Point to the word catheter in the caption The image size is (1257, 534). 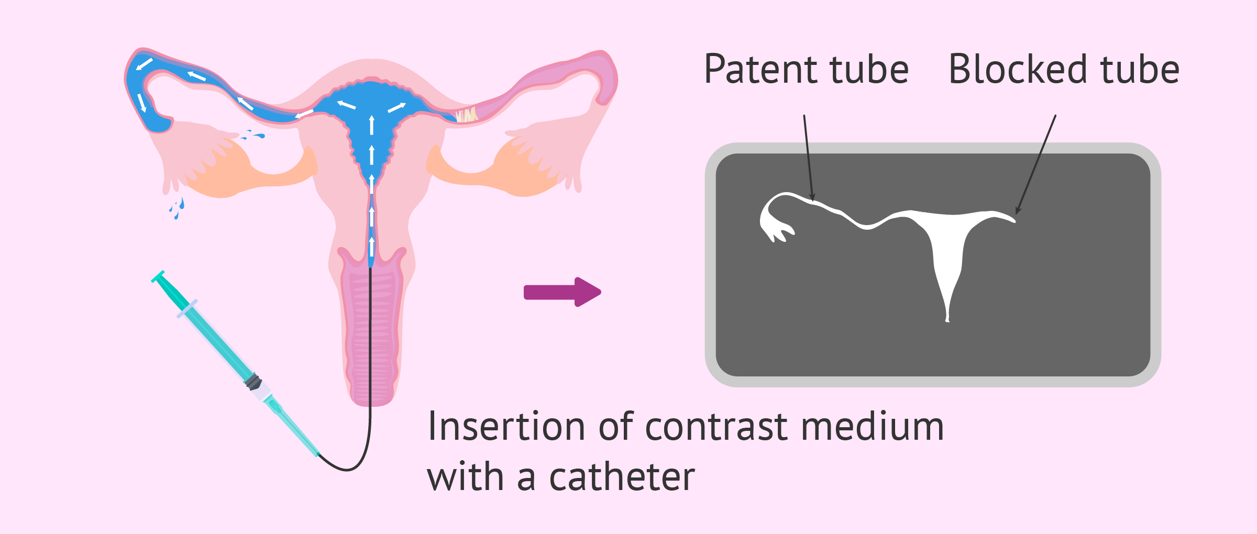[x=622, y=477]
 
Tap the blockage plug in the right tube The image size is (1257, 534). [x=466, y=115]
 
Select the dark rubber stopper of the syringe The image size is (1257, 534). [x=253, y=382]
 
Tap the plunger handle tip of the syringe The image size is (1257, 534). [x=158, y=276]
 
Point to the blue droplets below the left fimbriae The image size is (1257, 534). [x=177, y=207]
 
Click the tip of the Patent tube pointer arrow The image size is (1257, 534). [x=813, y=201]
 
